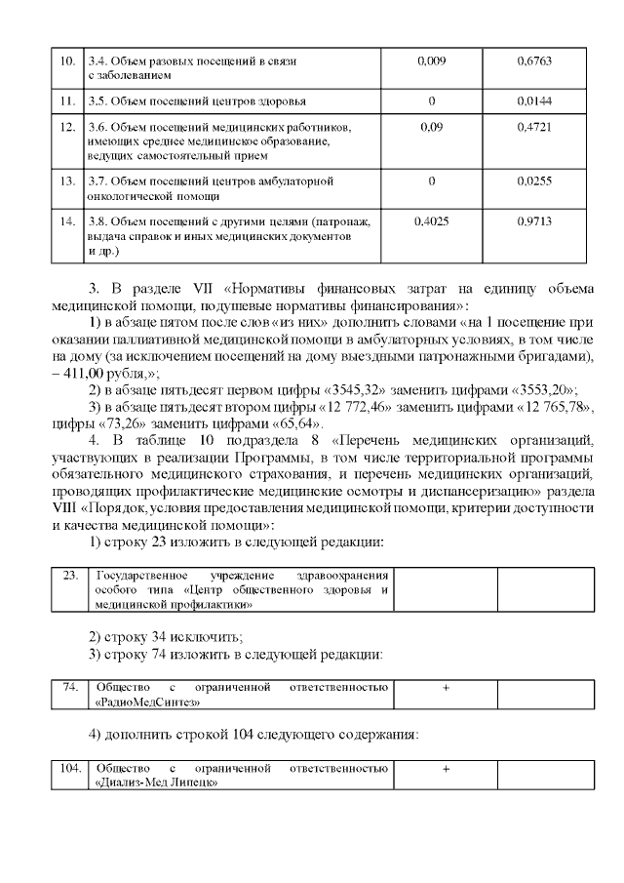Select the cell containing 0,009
point(432,61)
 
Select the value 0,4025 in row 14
point(432,221)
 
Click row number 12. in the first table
point(67,127)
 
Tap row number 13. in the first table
point(67,181)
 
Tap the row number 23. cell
point(69,575)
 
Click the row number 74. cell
point(69,688)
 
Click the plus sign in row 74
point(446,688)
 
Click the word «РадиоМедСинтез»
point(147,702)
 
